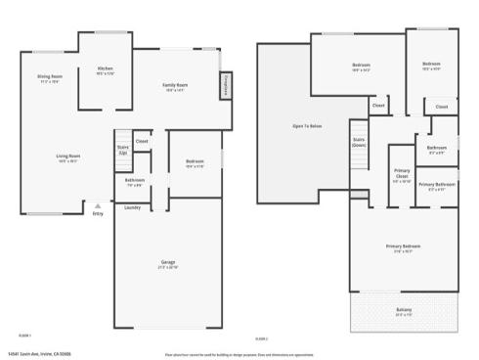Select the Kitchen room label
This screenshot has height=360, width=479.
pyautogui.click(x=106, y=68)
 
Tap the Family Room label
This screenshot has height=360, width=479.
pyautogui.click(x=176, y=86)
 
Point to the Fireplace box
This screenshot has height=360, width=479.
pyautogui.click(x=225, y=85)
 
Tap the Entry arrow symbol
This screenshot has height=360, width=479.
pyautogui.click(x=97, y=204)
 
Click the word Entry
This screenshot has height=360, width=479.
pyautogui.click(x=98, y=213)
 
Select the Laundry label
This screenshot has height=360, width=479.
pyautogui.click(x=133, y=207)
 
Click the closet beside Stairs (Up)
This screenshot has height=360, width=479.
pyautogui.click(x=142, y=142)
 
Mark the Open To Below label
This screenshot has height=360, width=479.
pyautogui.click(x=305, y=126)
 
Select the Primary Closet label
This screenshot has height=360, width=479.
pyautogui.click(x=402, y=178)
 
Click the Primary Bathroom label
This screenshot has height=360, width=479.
pyautogui.click(x=437, y=185)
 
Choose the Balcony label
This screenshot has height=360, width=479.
pyautogui.click(x=404, y=312)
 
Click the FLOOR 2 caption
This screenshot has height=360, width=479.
pyautogui.click(x=262, y=337)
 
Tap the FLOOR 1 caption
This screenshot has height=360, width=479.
pyautogui.click(x=23, y=337)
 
